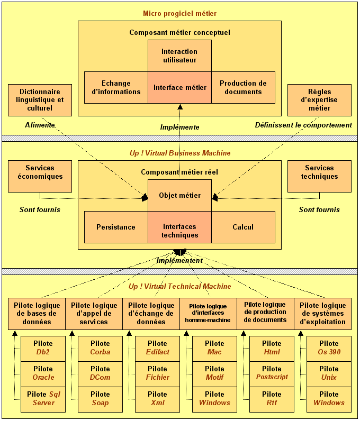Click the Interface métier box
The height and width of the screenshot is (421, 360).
click(x=179, y=87)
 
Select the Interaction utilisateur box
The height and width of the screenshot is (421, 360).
click(x=179, y=56)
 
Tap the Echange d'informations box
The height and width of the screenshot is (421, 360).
click(x=116, y=87)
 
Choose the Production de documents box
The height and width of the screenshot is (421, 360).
click(x=243, y=87)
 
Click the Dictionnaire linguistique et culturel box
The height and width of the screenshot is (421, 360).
click(x=40, y=100)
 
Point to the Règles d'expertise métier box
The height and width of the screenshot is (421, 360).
click(x=319, y=100)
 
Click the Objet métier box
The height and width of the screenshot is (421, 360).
click(x=179, y=195)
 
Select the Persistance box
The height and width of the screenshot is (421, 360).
click(x=116, y=227)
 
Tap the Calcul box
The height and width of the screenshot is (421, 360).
click(x=243, y=227)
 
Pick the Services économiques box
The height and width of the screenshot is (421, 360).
click(x=40, y=176)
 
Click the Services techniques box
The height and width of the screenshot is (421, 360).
click(x=319, y=176)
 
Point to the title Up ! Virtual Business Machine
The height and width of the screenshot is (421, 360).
click(x=180, y=153)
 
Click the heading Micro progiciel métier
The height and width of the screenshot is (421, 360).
click(x=179, y=13)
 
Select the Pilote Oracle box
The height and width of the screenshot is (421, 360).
click(x=43, y=373)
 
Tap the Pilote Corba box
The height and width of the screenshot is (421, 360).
click(x=100, y=348)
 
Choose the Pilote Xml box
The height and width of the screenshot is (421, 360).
click(x=157, y=399)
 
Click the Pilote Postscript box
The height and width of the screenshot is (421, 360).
click(x=272, y=373)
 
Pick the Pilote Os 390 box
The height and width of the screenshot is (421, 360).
click(x=329, y=348)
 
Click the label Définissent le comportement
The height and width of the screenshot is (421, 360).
click(x=303, y=125)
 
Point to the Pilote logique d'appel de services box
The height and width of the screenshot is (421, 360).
click(x=94, y=314)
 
